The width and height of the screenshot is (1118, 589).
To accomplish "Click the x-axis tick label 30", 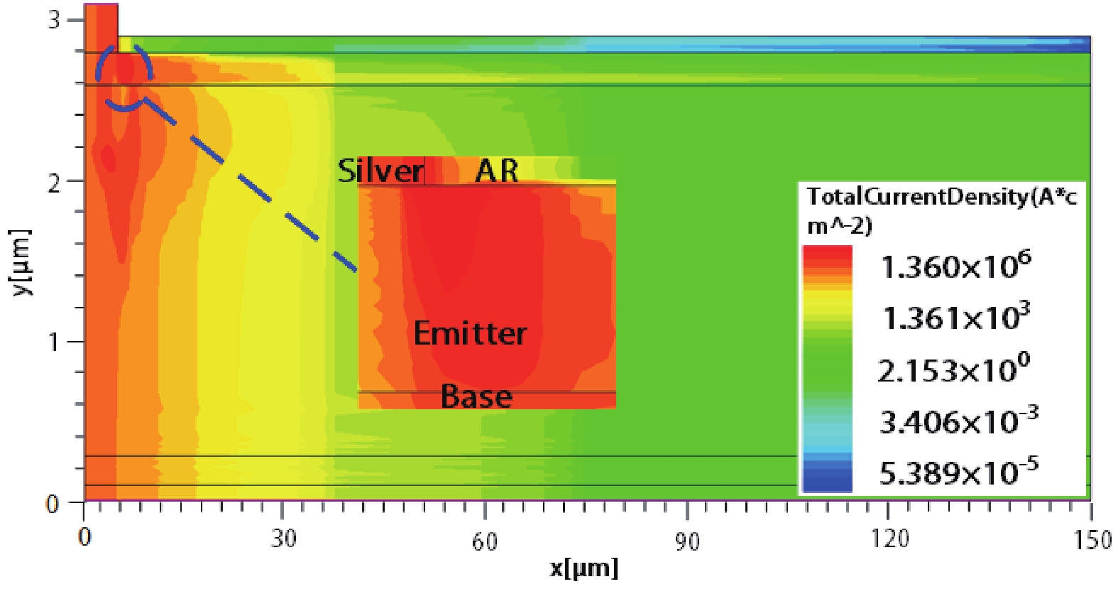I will (x=283, y=539).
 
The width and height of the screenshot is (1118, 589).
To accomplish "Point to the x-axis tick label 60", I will (x=484, y=542).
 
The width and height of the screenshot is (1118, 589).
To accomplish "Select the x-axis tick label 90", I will (x=686, y=542).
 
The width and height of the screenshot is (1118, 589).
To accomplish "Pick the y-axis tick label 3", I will (x=54, y=19).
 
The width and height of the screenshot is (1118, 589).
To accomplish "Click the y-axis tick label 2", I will (x=54, y=183).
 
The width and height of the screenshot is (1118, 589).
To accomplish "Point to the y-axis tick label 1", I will (x=54, y=342).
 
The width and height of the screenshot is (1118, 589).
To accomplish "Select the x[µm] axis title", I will (x=583, y=568).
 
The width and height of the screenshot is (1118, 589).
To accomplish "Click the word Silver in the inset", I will (x=380, y=171).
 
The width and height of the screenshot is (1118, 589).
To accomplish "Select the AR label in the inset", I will (x=496, y=171).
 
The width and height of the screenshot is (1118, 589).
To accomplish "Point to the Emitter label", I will (x=470, y=333).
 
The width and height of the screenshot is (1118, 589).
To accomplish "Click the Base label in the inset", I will (x=476, y=396).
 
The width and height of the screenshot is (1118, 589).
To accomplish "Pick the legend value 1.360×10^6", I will (x=955, y=266).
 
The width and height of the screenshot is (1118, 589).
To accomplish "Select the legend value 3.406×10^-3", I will (x=958, y=421).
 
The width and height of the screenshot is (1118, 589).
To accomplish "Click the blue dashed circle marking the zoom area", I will (x=124, y=77).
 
